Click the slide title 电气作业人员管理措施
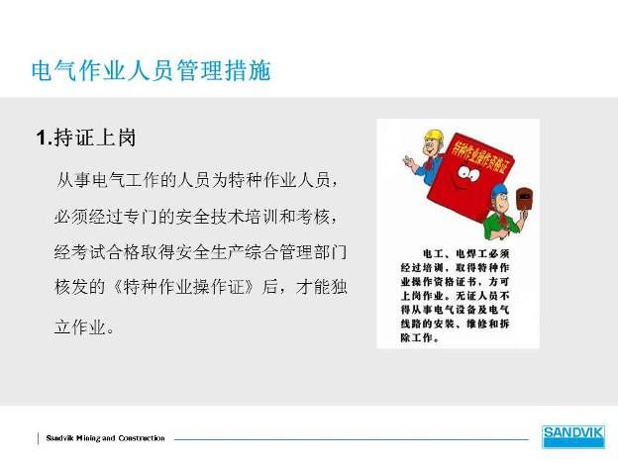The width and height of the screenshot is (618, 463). click(x=152, y=71)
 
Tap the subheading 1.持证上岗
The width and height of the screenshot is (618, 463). click(x=86, y=138)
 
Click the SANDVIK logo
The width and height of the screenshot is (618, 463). click(x=573, y=436)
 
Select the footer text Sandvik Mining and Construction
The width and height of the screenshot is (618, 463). click(x=105, y=438)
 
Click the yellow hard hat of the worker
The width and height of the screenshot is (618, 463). click(x=434, y=137)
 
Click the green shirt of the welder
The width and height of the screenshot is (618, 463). click(x=500, y=226)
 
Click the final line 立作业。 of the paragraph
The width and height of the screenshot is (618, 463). click(x=84, y=327)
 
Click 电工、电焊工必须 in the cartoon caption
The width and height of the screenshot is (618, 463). click(x=466, y=253)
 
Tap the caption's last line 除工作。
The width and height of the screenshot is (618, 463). click(x=420, y=337)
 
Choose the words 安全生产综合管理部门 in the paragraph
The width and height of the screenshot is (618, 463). click(x=261, y=252)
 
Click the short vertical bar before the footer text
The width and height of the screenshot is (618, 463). click(x=39, y=438)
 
